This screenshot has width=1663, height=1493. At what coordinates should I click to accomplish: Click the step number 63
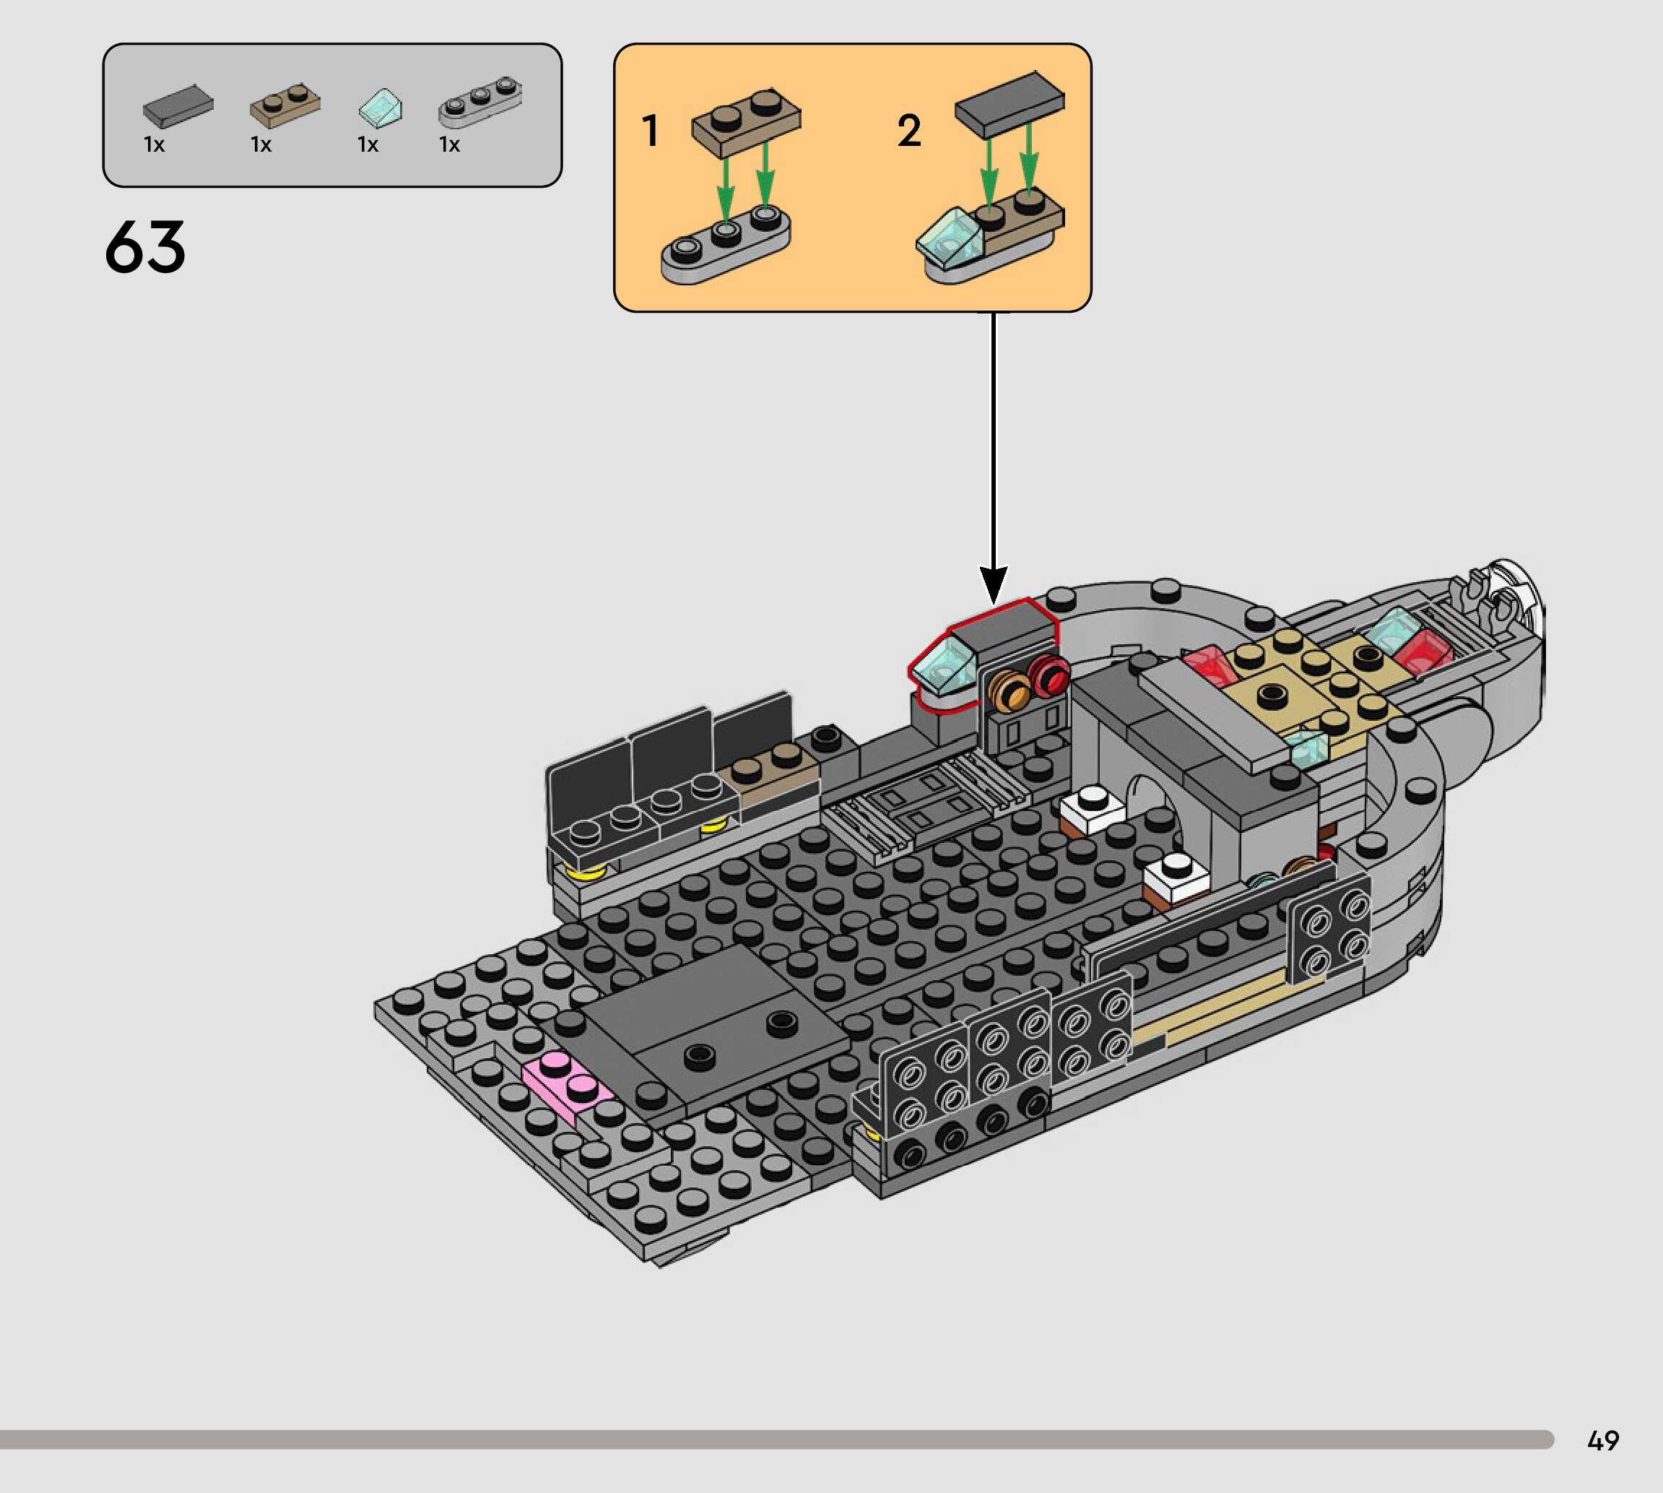click(x=145, y=246)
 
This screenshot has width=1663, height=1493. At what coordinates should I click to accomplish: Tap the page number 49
click(x=1603, y=1440)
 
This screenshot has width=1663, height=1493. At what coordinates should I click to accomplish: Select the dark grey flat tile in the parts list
click(x=178, y=106)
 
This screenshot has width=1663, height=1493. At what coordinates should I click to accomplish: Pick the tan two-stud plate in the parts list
click(x=285, y=103)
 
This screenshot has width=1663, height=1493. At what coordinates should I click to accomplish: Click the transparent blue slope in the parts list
click(x=381, y=108)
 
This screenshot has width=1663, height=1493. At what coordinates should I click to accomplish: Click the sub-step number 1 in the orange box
click(x=651, y=131)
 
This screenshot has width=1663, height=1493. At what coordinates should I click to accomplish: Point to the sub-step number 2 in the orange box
click(x=908, y=131)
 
